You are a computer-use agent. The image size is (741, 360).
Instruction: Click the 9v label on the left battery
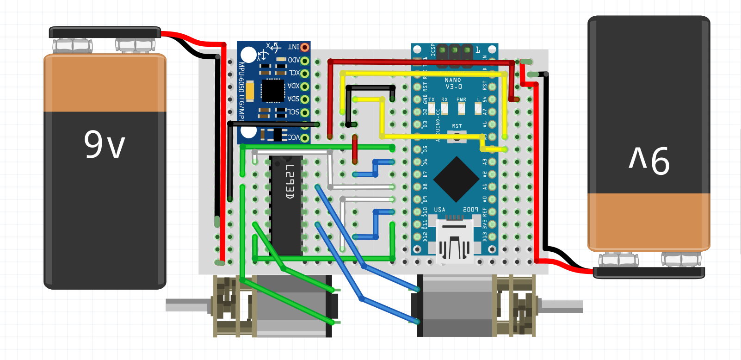click(x=105, y=145)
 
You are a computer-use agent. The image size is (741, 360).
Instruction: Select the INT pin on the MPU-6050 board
click(x=304, y=47)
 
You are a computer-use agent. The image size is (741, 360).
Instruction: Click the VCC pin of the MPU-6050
click(x=304, y=138)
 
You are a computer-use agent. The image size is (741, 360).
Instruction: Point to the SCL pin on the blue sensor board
click(x=304, y=112)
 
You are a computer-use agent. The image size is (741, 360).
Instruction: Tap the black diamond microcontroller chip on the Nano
click(x=456, y=179)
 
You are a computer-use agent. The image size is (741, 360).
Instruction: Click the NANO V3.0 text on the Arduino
click(x=453, y=83)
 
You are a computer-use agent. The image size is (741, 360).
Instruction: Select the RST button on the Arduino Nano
click(x=457, y=136)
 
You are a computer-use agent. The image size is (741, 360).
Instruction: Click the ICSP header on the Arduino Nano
click(x=455, y=50)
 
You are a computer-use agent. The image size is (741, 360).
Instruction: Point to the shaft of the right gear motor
click(x=562, y=306)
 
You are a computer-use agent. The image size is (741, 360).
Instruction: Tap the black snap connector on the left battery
click(x=105, y=32)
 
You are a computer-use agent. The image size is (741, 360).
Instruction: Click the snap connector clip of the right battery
click(x=648, y=273)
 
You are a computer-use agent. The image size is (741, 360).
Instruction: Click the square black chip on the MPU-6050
click(x=272, y=91)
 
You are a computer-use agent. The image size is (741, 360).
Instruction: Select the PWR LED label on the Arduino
click(x=461, y=100)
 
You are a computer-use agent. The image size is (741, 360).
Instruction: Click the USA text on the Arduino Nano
click(x=439, y=210)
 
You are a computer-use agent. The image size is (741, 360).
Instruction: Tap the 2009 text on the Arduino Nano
click(x=470, y=210)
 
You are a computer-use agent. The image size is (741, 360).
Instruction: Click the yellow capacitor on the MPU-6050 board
click(x=250, y=91)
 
